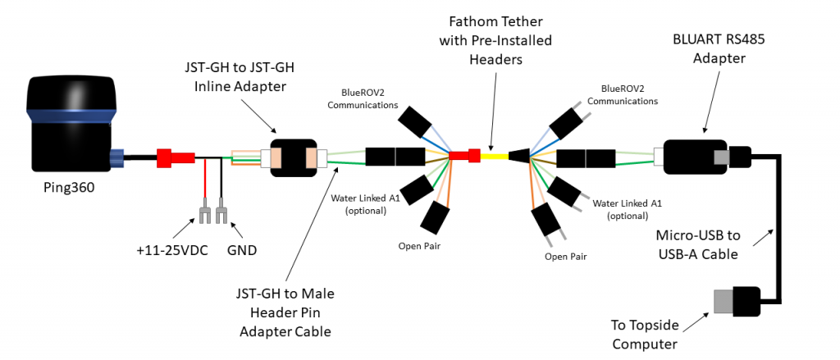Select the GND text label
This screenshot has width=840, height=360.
click(241, 250)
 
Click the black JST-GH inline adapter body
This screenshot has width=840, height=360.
click(293, 157)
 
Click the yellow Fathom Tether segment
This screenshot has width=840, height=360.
click(494, 155)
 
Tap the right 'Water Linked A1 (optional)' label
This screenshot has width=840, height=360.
click(627, 209)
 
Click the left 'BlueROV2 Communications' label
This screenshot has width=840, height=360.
click(362, 98)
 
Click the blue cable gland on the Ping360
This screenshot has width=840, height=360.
click(117, 155)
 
